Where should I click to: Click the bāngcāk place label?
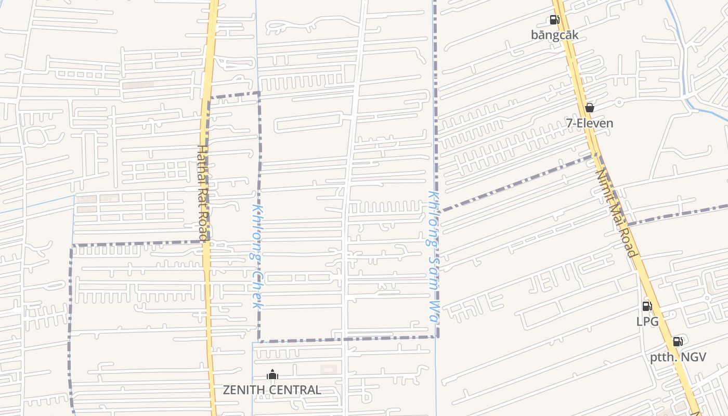point(554,35)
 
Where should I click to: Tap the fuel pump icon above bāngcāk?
point(554,20)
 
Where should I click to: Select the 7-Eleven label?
point(590,123)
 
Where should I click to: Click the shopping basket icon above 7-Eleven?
point(590,108)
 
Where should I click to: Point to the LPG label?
point(647,321)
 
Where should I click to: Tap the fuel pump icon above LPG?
point(647,306)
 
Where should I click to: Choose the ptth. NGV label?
point(678,357)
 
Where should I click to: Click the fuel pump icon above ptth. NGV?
point(678,342)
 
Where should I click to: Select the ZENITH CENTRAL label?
point(272,389)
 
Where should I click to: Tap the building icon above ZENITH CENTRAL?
point(272,374)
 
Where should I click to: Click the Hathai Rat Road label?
point(202,193)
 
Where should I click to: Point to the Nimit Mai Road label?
point(616,213)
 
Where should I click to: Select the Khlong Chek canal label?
point(256,256)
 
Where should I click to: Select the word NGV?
point(694,357)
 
